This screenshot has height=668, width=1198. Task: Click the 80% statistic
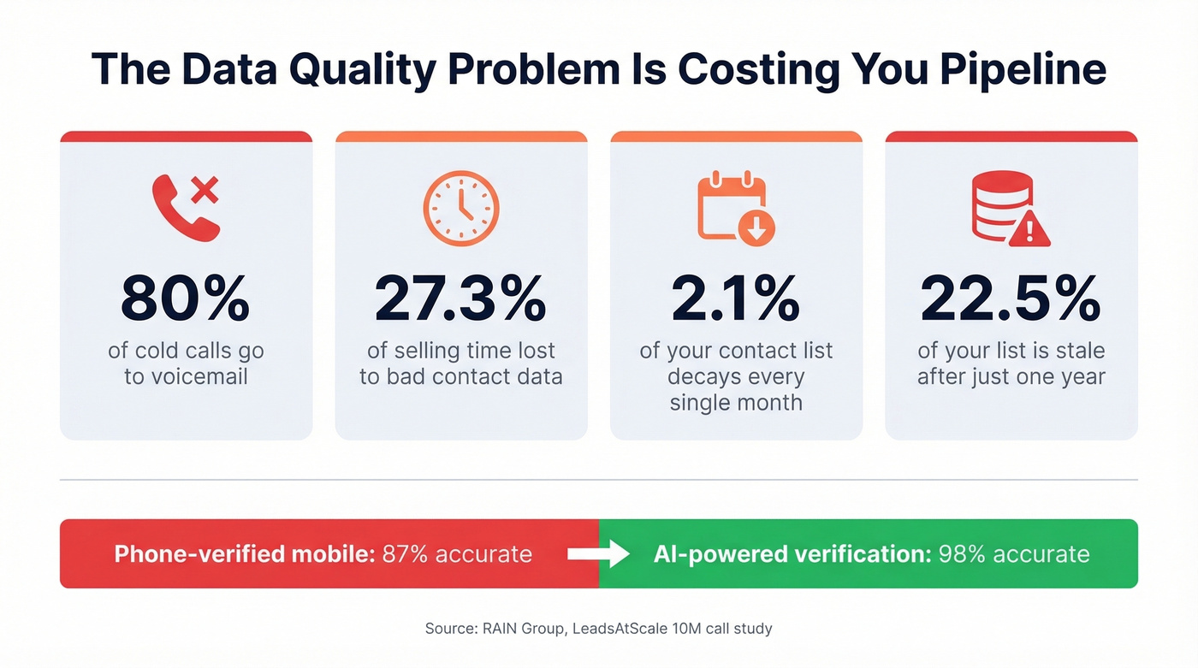coord(186,299)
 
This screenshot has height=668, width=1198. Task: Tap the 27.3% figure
coord(460,299)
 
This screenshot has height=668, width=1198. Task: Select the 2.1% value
coord(736,299)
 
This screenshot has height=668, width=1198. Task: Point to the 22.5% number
coord(1011,299)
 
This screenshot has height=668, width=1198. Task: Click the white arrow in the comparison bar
coord(598,554)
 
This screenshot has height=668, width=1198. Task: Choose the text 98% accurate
coord(1014,554)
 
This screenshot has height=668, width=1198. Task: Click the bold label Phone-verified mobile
coord(245,554)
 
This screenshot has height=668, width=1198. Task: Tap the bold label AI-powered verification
coord(792,554)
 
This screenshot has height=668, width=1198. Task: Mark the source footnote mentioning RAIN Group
coord(598,629)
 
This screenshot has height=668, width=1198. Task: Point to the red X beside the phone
coord(204,190)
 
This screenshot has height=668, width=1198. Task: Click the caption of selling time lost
coord(460,364)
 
